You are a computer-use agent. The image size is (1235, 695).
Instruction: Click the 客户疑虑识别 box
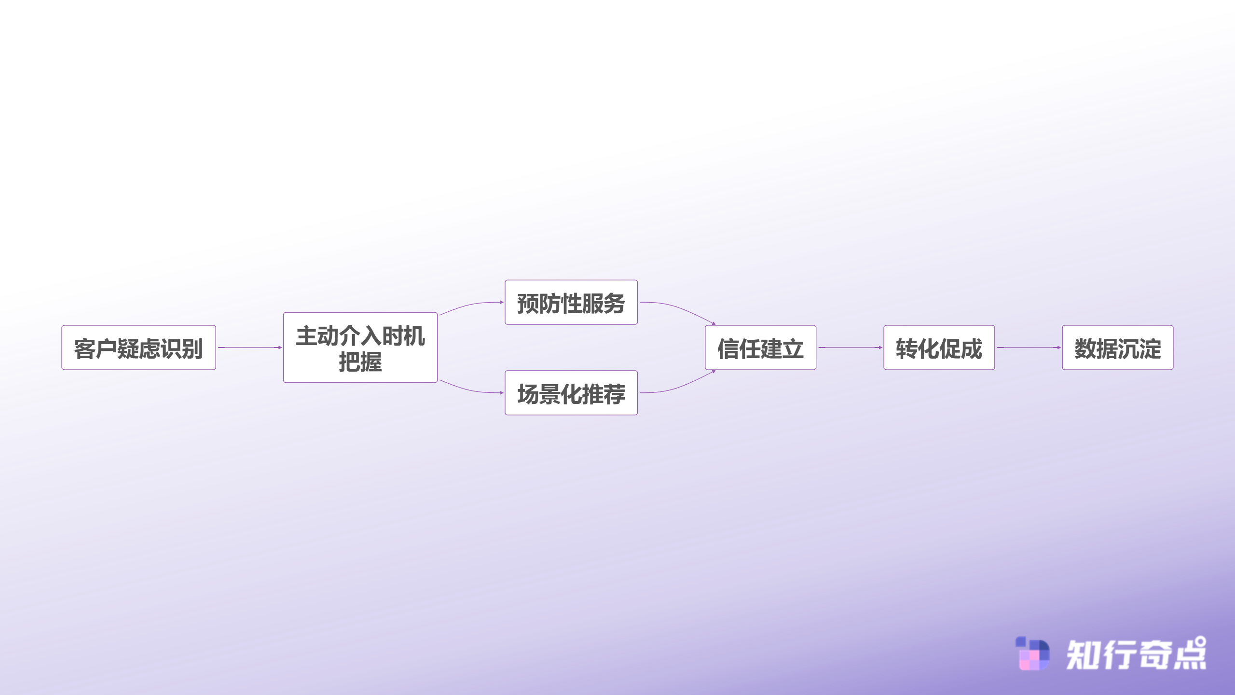138,347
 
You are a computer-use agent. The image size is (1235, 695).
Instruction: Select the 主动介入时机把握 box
360,347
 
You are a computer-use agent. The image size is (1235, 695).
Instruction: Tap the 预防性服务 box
571,302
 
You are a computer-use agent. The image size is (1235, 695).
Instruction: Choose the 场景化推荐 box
571,393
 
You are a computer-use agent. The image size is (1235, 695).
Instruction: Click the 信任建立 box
761,347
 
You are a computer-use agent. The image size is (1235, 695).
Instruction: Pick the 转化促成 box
939,347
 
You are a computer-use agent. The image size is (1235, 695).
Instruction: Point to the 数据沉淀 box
1118,347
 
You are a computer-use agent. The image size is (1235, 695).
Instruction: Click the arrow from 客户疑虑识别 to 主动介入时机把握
250,347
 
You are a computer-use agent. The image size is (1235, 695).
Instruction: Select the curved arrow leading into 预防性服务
471,306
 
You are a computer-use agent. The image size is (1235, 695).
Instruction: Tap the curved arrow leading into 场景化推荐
471,389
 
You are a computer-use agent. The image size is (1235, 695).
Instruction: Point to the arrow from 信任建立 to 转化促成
850,347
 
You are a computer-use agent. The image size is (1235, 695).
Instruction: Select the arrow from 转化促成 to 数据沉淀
1029,347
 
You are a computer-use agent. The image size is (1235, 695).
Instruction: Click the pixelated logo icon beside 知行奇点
1032,653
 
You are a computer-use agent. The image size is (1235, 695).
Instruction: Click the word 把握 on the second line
360,361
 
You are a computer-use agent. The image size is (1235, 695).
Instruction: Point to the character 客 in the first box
84,348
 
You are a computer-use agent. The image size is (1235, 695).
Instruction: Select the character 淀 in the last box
1151,348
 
